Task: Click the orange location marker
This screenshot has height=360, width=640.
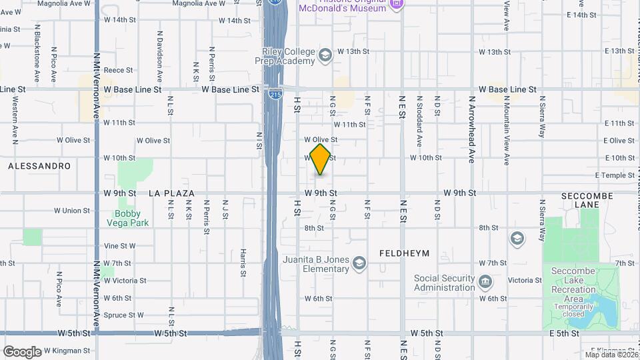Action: [x=321, y=159]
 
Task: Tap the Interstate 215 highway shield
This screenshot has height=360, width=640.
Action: [x=275, y=95]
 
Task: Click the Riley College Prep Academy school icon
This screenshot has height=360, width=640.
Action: [x=325, y=55]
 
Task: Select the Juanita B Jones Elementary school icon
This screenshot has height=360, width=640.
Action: [x=359, y=264]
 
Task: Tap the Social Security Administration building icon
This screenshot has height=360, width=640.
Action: [x=486, y=282]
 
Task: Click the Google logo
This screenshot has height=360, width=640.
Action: [x=22, y=351]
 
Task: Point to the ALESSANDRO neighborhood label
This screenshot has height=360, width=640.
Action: [x=39, y=165]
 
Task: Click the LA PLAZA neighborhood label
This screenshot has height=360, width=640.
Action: [x=171, y=193]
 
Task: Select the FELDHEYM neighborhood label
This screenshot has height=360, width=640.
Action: [x=405, y=253]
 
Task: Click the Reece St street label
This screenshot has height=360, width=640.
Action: [x=119, y=69]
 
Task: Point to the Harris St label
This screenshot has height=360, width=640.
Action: [x=243, y=262]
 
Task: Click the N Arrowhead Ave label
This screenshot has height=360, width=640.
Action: [x=471, y=129]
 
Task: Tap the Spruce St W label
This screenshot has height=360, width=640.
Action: [x=124, y=315]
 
